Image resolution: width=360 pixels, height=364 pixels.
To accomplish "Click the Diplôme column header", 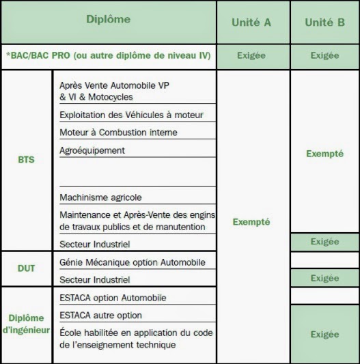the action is (x=108, y=20).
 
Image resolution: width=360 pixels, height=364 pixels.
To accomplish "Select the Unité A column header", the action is (x=253, y=22).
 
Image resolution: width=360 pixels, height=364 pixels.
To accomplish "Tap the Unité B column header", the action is (x=324, y=22).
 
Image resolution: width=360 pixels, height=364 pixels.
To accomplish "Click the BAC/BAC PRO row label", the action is (x=108, y=55).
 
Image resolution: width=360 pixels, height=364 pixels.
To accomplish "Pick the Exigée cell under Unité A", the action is (x=253, y=55).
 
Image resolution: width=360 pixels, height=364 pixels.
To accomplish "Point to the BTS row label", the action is (x=27, y=160).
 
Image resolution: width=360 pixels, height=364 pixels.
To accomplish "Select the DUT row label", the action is (x=27, y=269).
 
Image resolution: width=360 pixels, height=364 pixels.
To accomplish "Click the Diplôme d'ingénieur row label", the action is (x=27, y=323).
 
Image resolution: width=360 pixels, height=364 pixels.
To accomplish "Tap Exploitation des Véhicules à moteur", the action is (x=131, y=115).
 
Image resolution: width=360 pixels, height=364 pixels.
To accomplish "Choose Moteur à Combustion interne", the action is (x=118, y=132).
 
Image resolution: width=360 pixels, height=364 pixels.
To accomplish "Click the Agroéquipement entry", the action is (x=92, y=150).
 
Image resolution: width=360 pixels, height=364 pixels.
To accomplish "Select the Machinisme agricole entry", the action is (x=100, y=197).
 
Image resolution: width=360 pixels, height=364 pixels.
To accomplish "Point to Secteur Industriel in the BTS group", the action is (x=94, y=244).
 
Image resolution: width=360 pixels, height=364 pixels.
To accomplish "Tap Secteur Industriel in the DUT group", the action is (x=94, y=280).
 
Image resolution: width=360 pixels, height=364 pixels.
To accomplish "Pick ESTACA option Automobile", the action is (x=113, y=298).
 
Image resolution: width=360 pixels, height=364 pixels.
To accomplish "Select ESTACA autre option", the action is (x=100, y=316).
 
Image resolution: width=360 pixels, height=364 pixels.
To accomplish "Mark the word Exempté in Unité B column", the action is (x=324, y=154).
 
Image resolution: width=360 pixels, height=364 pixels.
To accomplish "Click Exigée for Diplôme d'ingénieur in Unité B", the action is (x=324, y=335).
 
